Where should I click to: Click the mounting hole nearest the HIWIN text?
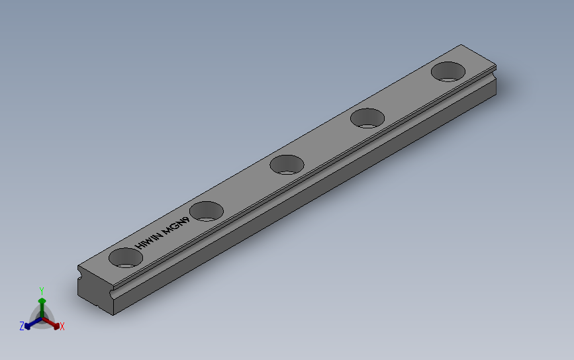click(x=126, y=257)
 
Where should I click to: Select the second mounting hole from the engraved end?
click(x=207, y=211)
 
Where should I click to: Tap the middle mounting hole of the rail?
click(x=287, y=163)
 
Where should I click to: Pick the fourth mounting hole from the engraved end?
click(x=367, y=118)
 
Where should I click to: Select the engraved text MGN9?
click(x=177, y=224)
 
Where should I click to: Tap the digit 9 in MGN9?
click(x=188, y=218)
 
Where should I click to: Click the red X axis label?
click(x=62, y=326)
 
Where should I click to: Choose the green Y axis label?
click(x=42, y=291)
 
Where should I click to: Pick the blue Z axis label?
click(x=22, y=326)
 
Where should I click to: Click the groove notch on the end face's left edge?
click(x=79, y=271)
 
